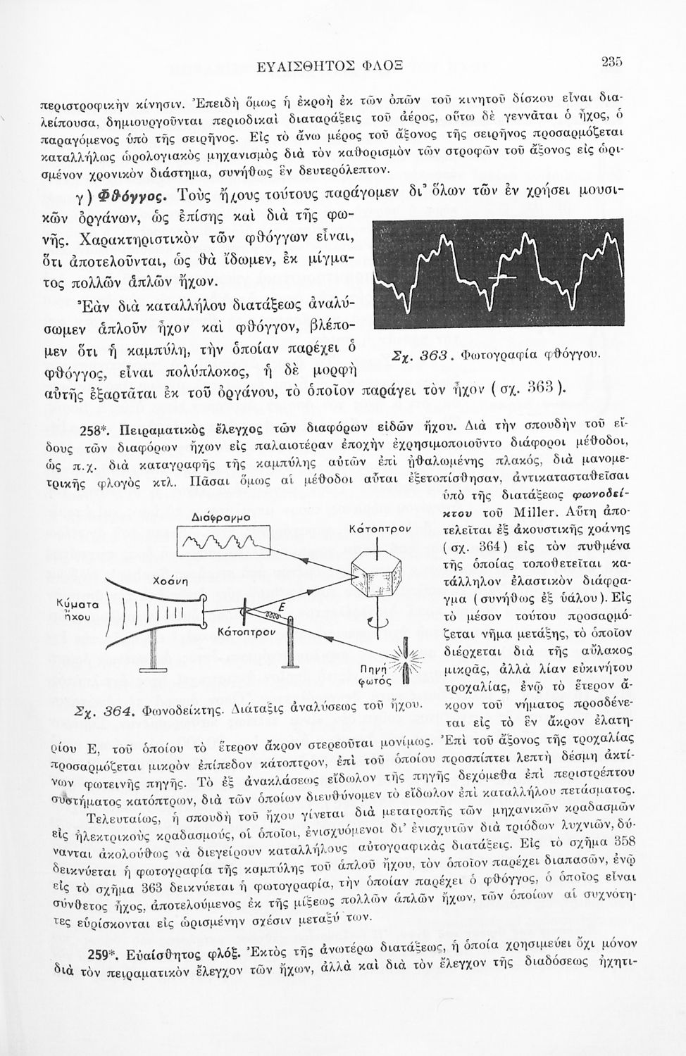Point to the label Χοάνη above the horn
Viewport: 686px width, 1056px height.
pos(168,583)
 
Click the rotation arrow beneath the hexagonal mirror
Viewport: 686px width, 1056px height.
pos(378,610)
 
